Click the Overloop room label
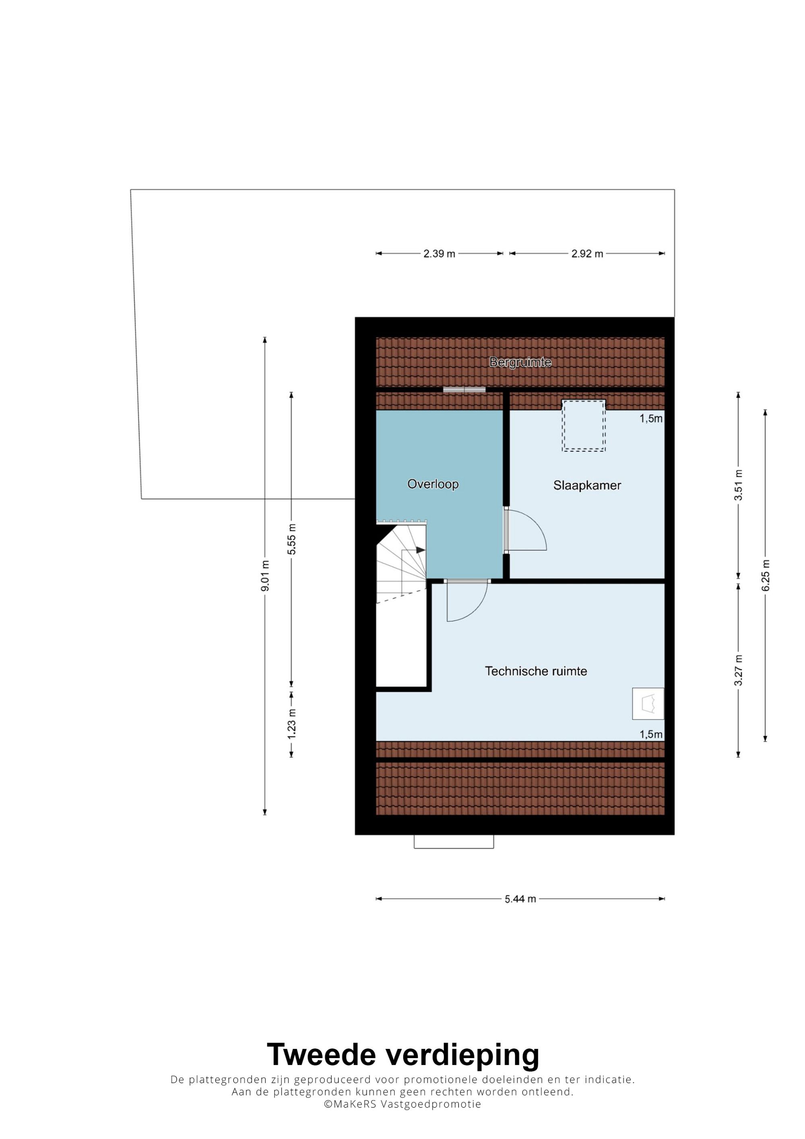coord(433,484)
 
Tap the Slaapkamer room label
coord(587,485)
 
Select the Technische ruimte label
coord(536,671)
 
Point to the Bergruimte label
coord(520,362)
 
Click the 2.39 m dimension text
coord(440,254)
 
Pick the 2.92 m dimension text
coord(587,254)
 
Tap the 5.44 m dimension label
coord(520,899)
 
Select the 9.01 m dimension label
coord(265,576)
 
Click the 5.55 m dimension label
coord(292,539)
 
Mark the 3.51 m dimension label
coord(739,485)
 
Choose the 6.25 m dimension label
coord(766,575)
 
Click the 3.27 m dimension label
coord(739,670)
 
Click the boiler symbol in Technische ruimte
coord(648,704)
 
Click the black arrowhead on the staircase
coord(421,550)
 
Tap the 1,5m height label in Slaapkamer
coord(651,419)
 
